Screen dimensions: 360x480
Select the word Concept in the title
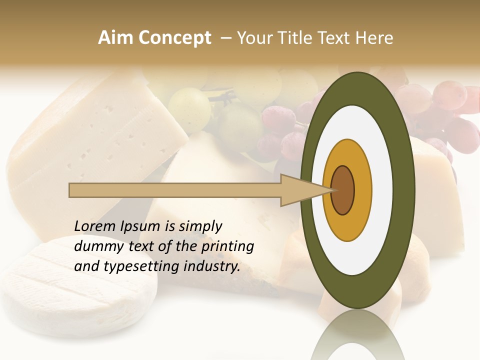tap(174, 38)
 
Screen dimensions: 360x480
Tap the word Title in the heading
tap(296, 38)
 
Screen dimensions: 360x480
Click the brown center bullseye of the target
tap(343, 190)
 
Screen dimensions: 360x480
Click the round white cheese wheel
tap(75, 285)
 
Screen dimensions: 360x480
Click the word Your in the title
tap(253, 38)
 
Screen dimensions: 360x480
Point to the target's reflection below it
tap(357, 335)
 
